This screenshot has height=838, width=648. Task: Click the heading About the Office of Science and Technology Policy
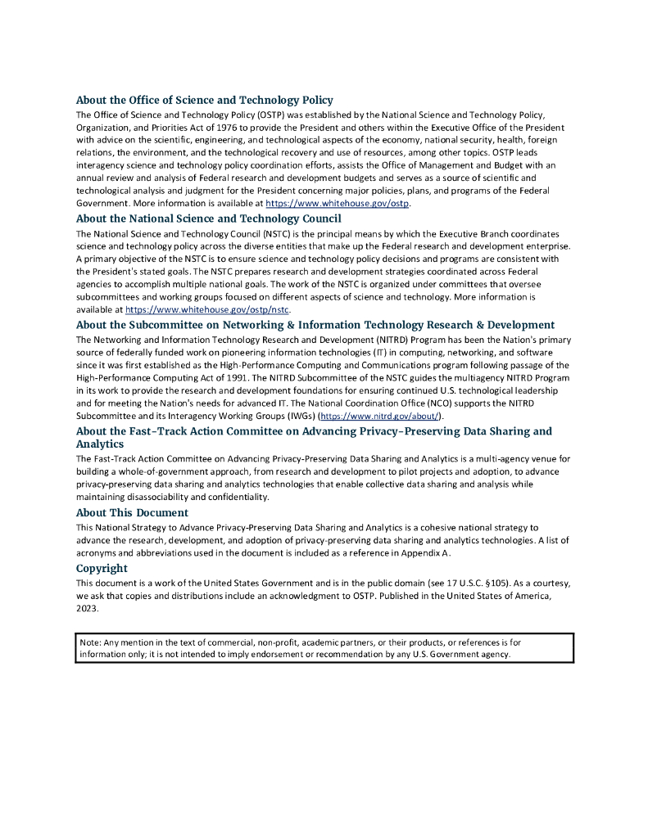pyautogui.click(x=204, y=101)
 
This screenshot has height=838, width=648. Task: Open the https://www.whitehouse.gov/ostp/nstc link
pyautogui.click(x=208, y=310)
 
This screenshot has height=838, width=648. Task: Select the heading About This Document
pyautogui.click(x=132, y=513)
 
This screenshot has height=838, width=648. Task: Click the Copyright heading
pyautogui.click(x=102, y=568)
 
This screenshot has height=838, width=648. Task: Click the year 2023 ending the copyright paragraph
pyautogui.click(x=86, y=609)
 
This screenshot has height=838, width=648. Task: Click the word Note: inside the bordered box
pyautogui.click(x=90, y=642)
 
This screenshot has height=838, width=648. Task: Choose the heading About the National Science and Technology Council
pyautogui.click(x=208, y=219)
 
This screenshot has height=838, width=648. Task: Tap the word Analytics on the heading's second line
pyautogui.click(x=100, y=444)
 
